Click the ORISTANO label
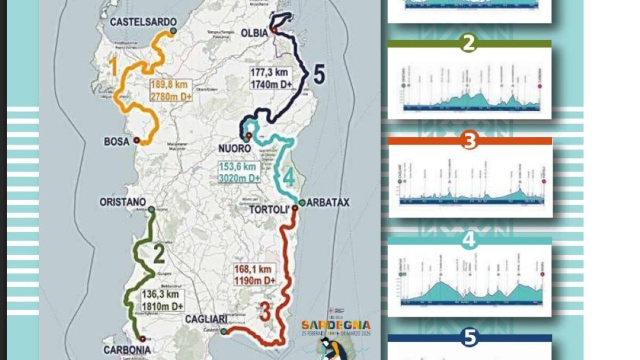(122, 200)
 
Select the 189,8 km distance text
(169, 85)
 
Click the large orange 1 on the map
(115, 68)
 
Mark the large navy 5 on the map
(318, 73)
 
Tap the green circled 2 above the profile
(469, 43)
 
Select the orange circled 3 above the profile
(469, 140)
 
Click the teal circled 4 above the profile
(469, 239)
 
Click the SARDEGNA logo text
(337, 325)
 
